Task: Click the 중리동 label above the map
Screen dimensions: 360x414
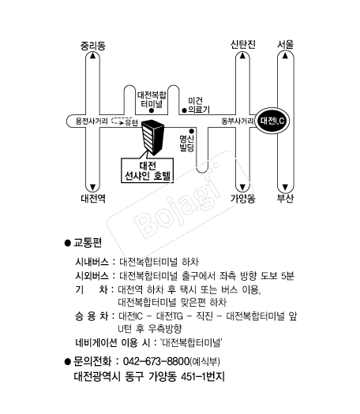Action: (x=93, y=46)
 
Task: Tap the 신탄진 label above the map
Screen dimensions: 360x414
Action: (x=243, y=44)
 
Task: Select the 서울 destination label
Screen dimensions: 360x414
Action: (x=285, y=44)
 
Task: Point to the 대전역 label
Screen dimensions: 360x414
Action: (x=93, y=198)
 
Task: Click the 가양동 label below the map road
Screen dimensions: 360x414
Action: (x=243, y=198)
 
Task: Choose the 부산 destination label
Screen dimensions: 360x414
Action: (x=285, y=198)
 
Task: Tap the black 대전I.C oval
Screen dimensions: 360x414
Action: (x=272, y=121)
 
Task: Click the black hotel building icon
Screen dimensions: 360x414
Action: (x=152, y=137)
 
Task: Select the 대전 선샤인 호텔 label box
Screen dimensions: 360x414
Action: (x=147, y=170)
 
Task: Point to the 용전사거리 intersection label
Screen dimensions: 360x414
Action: (x=92, y=121)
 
